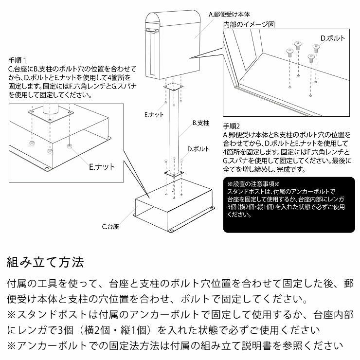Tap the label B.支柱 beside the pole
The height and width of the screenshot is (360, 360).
200,124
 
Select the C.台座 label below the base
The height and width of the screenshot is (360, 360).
111,226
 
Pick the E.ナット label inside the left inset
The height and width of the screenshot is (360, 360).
102,166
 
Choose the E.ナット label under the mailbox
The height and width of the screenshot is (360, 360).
154,115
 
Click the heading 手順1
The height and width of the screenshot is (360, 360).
18,61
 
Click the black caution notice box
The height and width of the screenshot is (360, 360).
290,205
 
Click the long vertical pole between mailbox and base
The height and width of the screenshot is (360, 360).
174,131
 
